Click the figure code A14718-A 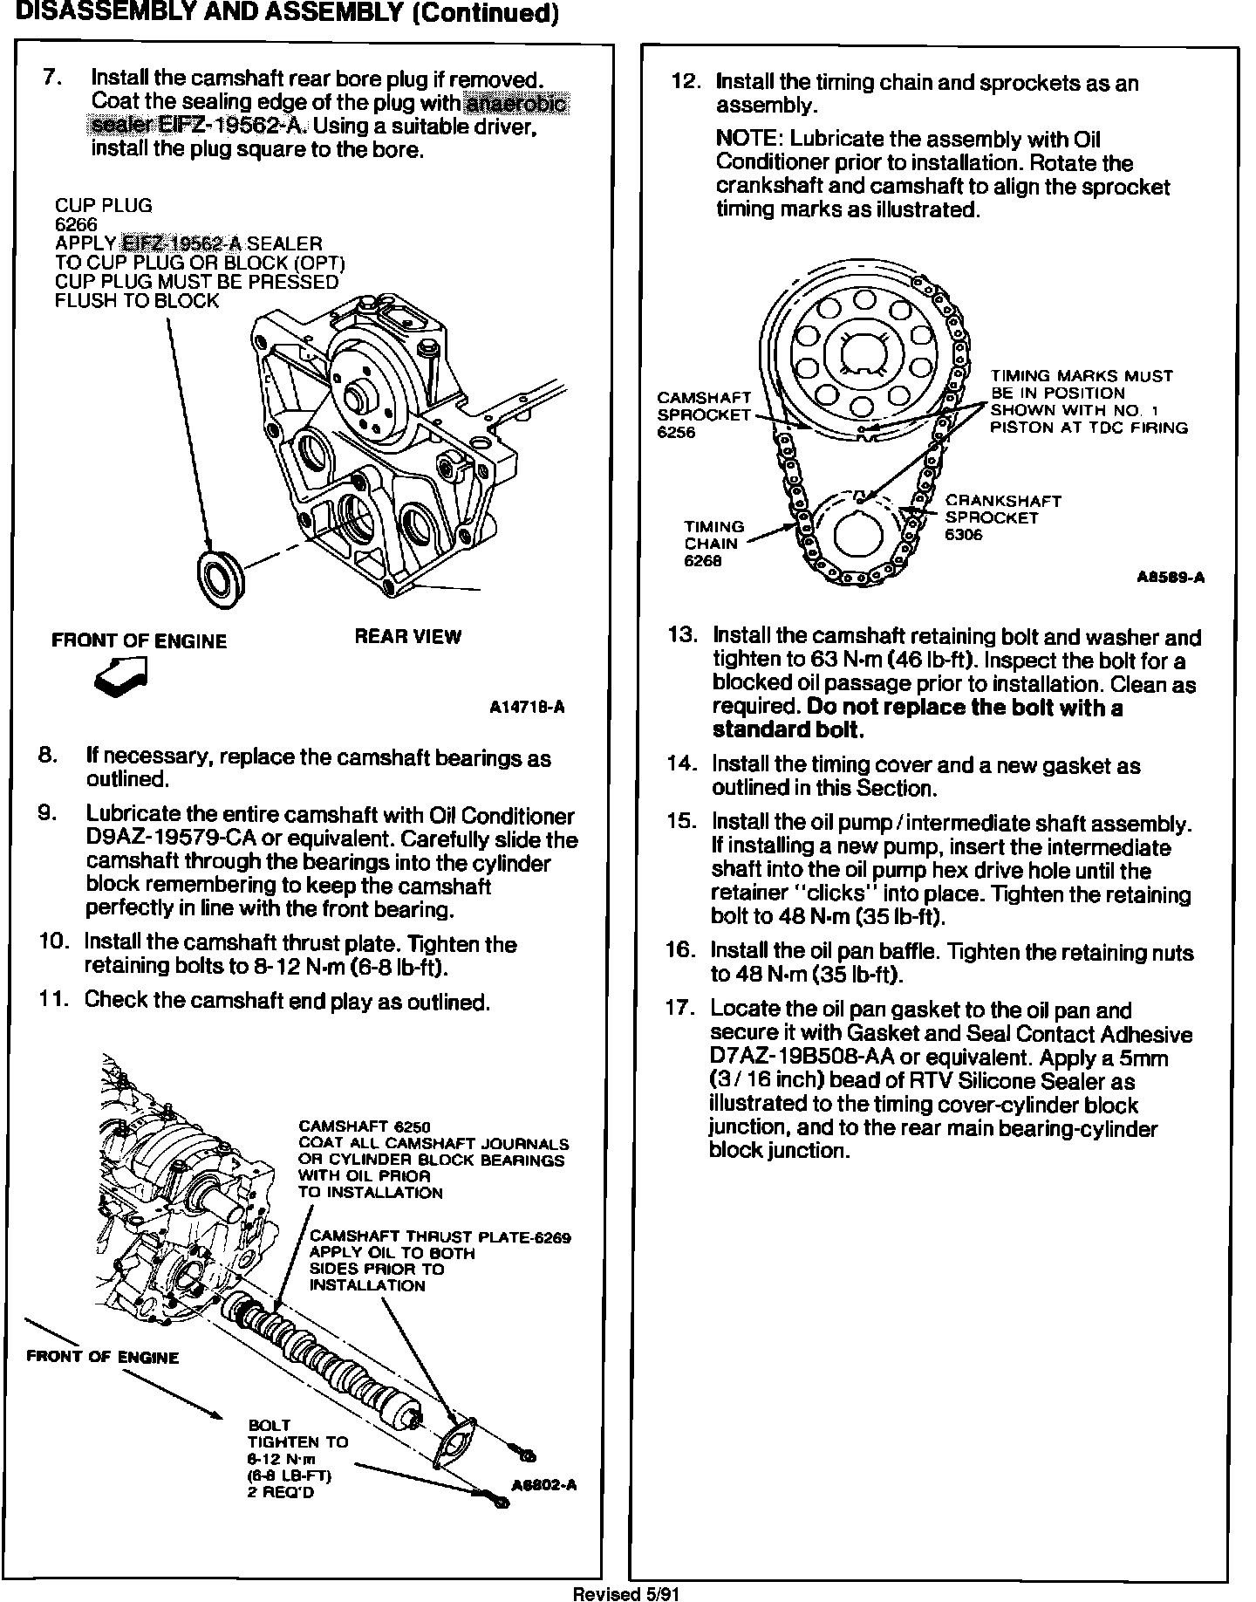pos(527,708)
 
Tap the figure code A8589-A pos(1171,578)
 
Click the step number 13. pos(680,636)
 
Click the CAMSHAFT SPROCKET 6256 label pos(703,414)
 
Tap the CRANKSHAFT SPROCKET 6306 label pos(1003,517)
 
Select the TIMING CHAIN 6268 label pos(713,544)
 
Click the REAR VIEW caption pos(407,637)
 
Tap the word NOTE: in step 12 pos(749,140)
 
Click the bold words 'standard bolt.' pos(788,730)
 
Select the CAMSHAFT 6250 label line pos(365,1127)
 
